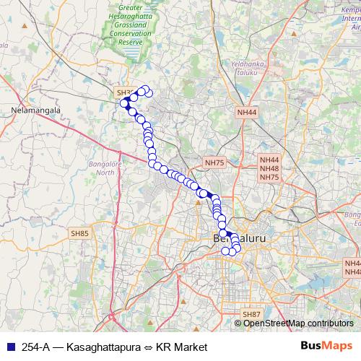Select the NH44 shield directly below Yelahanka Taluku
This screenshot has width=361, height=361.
(x=246, y=113)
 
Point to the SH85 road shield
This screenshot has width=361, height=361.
(x=79, y=233)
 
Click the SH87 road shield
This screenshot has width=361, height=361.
(x=251, y=314)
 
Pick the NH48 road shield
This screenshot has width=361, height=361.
(x=269, y=168)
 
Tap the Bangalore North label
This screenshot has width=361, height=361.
(x=107, y=168)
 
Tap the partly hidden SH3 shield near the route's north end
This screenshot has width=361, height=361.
(x=123, y=94)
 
